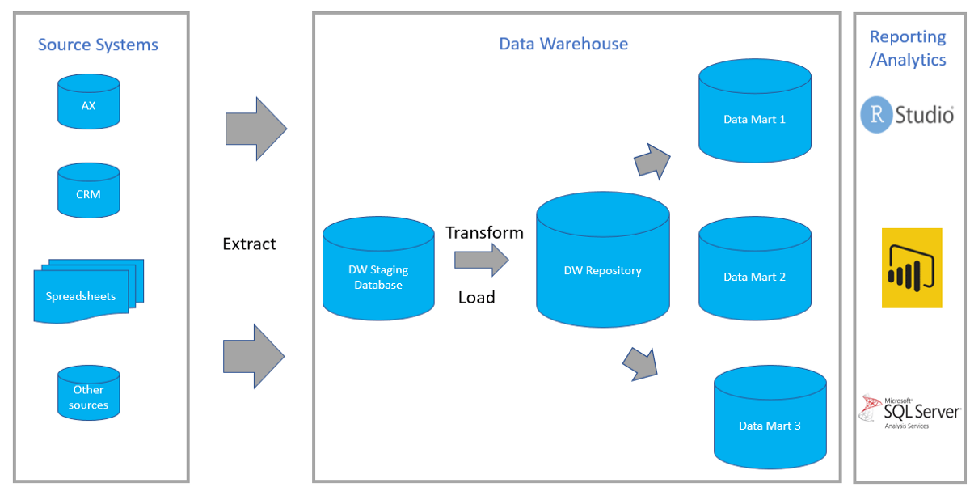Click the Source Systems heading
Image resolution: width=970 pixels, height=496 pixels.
tap(98, 45)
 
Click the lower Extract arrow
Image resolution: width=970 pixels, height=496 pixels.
tap(254, 356)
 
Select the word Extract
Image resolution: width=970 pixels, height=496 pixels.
tap(249, 244)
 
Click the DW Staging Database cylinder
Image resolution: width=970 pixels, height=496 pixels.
tap(377, 270)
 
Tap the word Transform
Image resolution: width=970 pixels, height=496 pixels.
tap(484, 233)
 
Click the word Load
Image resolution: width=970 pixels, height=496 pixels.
tap(476, 298)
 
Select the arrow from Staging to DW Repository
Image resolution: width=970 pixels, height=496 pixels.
tap(481, 261)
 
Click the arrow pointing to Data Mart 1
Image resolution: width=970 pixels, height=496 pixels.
tap(652, 161)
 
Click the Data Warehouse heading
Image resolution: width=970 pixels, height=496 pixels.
tap(563, 44)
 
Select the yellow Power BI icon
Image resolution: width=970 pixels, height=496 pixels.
tap(912, 268)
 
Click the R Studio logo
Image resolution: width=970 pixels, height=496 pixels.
tap(907, 115)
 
